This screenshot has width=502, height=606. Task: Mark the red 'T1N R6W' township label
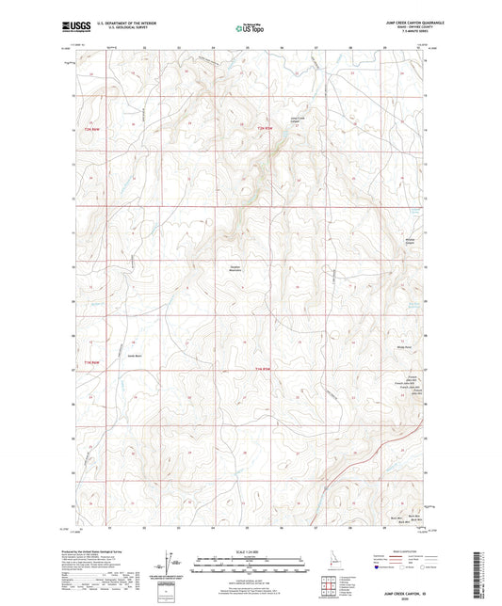pos(91,368)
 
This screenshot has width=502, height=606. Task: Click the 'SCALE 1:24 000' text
pos(251,551)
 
